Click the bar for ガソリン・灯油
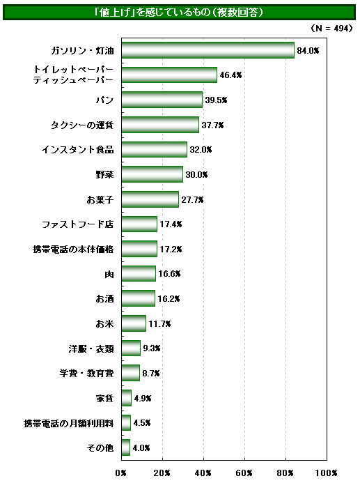[208, 50]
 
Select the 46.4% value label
[230, 75]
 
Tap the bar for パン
[162, 100]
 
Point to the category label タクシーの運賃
[82, 125]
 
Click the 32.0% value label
[201, 150]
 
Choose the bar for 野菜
[152, 174]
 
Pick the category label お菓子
[100, 199]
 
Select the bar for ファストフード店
[139, 224]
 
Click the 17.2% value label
[171, 249]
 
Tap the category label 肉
[109, 274]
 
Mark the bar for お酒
[138, 298]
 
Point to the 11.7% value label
[159, 324]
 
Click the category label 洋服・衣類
[91, 348]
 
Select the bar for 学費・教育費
[130, 373]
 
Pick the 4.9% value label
[143, 398]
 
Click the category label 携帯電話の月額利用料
[69, 423]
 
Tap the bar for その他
[125, 447]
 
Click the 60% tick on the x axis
[244, 473]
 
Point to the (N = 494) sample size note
[331, 29]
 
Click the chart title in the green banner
[180, 13]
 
